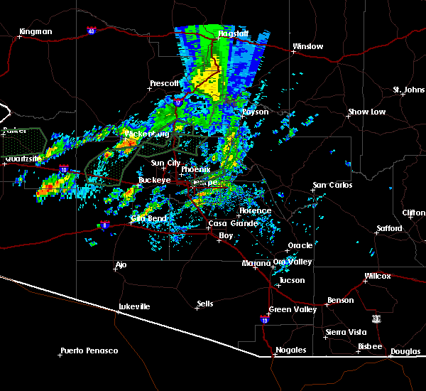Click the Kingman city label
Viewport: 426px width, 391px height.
(x=36, y=32)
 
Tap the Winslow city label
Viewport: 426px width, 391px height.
(x=307, y=47)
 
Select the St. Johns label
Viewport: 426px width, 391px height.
(x=408, y=90)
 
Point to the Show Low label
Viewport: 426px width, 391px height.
(x=366, y=112)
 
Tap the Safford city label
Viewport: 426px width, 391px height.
(x=390, y=229)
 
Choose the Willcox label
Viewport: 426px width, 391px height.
(x=377, y=276)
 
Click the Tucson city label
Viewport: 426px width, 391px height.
(x=292, y=280)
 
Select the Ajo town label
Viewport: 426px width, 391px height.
(x=121, y=266)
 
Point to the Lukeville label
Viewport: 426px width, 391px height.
(x=134, y=306)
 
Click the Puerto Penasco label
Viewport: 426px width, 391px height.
(x=89, y=350)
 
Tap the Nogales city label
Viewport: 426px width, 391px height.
(x=290, y=350)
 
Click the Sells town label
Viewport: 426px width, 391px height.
(x=204, y=304)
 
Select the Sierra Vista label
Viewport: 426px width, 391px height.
(x=345, y=332)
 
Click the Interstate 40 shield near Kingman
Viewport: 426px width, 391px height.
(x=92, y=31)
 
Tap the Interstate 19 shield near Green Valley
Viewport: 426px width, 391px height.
(x=264, y=319)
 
